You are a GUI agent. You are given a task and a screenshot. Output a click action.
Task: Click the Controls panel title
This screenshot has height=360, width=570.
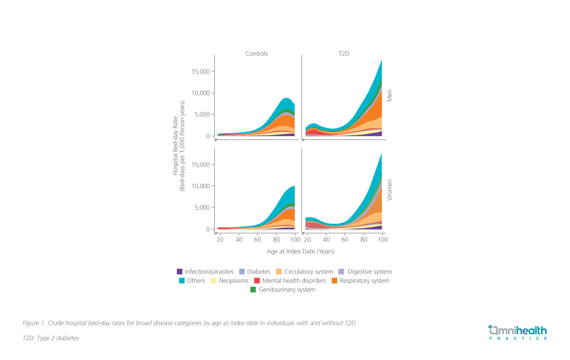(x=256, y=54)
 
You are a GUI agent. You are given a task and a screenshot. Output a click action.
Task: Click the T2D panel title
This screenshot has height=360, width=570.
(x=344, y=54)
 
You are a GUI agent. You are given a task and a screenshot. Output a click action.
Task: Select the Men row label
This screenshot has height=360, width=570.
(x=390, y=95)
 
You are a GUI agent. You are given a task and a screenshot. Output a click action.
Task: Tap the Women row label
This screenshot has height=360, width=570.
(x=390, y=190)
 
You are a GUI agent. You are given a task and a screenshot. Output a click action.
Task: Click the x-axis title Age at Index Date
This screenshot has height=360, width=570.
(x=300, y=252)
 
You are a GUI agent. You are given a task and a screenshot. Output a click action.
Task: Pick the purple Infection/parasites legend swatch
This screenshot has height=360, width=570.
(x=180, y=272)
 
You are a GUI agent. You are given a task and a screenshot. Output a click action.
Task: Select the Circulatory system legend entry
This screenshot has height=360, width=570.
(x=309, y=272)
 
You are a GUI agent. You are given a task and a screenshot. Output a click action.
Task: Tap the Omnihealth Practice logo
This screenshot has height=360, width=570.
(x=517, y=333)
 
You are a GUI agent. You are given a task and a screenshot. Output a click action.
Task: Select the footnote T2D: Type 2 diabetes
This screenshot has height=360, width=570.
(x=50, y=338)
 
